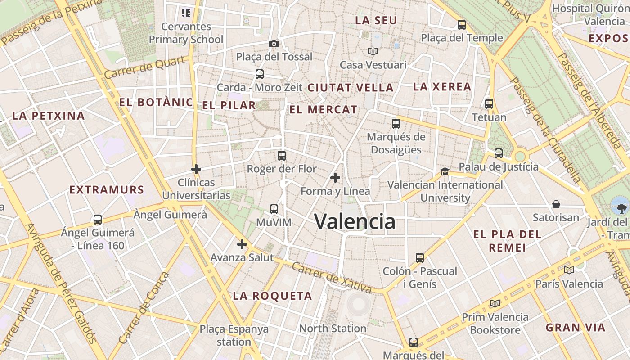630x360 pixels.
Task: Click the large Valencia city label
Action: tap(355, 221)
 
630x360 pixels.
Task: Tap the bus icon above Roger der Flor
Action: tap(282, 156)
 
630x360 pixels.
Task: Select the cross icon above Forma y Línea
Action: tap(335, 178)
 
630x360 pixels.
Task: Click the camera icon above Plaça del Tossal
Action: tap(274, 44)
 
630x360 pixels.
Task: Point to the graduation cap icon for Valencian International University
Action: tap(445, 171)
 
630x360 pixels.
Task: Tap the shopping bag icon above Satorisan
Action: tap(556, 204)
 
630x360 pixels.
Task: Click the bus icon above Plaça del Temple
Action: tap(462, 25)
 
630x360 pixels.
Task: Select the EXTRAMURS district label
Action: tap(107, 190)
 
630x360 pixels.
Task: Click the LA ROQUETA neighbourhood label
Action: tap(272, 296)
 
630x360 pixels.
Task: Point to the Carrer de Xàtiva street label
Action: tap(332, 277)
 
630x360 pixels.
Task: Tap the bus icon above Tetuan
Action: tap(489, 104)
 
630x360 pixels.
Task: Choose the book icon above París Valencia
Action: tap(569, 270)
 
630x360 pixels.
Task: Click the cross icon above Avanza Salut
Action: tap(242, 244)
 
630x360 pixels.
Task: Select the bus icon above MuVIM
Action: tap(274, 209)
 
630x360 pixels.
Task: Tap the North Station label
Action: tap(333, 328)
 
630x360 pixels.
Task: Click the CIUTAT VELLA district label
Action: tap(351, 88)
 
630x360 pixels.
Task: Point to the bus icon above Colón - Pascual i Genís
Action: tap(420, 258)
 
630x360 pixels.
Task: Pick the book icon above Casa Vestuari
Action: tap(373, 52)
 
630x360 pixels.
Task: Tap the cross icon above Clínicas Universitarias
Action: tap(196, 169)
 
